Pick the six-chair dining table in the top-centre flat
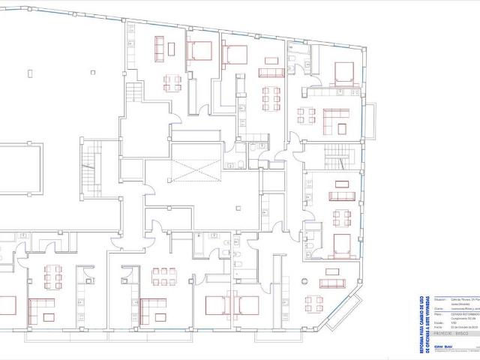pos(268,97)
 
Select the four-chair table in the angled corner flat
pos(313,304)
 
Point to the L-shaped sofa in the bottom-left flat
pos(42,307)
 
